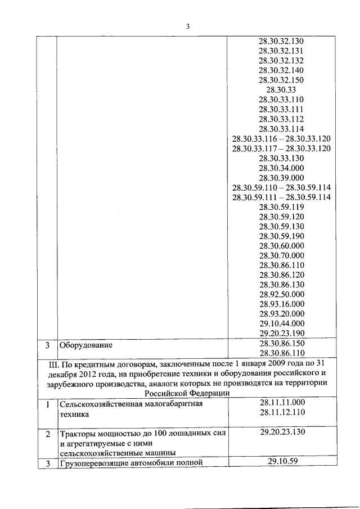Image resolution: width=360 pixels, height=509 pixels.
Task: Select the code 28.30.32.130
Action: pos(281,42)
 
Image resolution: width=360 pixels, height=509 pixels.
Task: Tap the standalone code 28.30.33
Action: pos(281,90)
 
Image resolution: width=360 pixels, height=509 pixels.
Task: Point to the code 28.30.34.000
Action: pos(281,168)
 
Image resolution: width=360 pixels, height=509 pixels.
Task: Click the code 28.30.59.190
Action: pos(281,236)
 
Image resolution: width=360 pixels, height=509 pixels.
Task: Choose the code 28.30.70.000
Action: pos(281,255)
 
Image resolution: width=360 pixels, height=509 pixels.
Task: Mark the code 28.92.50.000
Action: pos(281,294)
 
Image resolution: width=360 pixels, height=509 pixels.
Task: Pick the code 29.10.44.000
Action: pos(281,323)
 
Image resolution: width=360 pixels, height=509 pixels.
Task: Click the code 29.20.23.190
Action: pos(281,333)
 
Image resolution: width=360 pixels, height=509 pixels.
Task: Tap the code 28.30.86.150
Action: pos(281,343)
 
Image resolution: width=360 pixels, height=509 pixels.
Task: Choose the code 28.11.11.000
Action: pos(282,402)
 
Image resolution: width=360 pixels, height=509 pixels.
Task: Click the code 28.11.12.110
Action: pos(282,412)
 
